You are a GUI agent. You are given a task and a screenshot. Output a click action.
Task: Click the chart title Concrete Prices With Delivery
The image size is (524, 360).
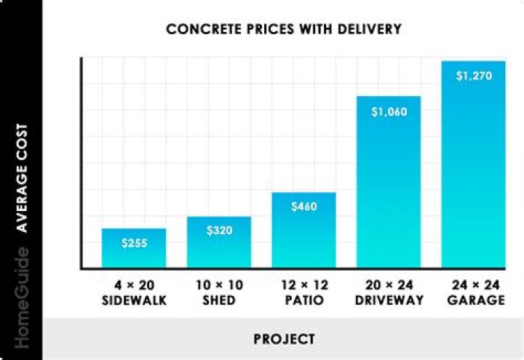click(x=284, y=30)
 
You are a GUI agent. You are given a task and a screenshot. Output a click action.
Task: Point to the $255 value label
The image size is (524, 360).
click(x=134, y=242)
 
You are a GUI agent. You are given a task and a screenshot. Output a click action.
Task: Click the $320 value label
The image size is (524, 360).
click(x=219, y=231)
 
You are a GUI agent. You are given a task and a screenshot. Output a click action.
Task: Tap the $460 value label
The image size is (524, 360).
click(x=303, y=207)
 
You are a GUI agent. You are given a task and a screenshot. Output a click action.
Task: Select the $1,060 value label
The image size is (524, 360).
click(x=389, y=112)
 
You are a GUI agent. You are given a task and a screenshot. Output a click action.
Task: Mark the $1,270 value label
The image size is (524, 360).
click(x=473, y=76)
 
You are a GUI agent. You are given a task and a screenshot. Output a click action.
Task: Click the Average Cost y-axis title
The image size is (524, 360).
click(x=22, y=177)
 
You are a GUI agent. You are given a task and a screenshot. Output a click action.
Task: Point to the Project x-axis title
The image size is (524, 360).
click(x=284, y=339)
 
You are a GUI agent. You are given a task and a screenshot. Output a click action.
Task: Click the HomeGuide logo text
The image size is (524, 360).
click(x=22, y=303)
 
